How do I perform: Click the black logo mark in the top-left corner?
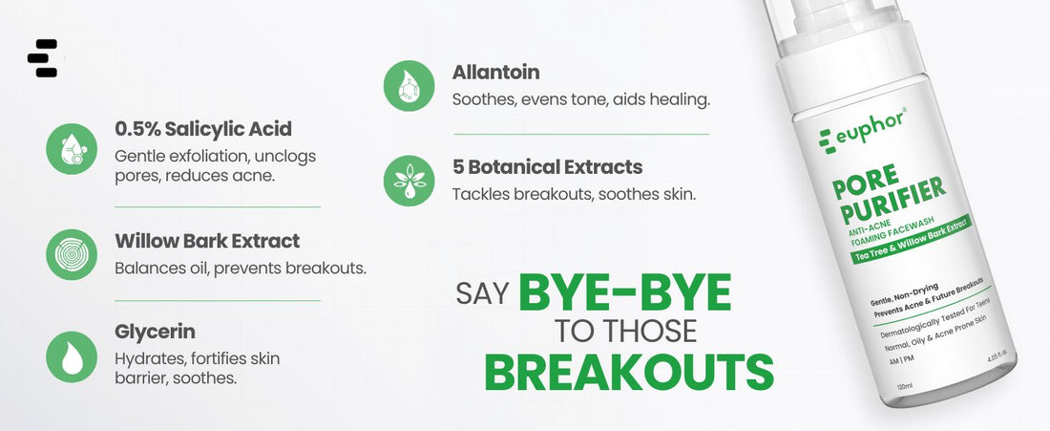42,58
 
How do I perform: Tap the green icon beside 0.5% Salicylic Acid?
72,149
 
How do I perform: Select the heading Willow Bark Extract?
207,241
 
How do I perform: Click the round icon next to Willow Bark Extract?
72,255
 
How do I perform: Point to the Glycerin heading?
155,333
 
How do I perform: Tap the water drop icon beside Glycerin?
72,357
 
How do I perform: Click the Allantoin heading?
495,72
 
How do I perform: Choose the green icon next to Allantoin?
409,86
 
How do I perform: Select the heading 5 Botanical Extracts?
547,167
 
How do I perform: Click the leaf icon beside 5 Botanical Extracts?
409,181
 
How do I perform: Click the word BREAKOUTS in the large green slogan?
629,372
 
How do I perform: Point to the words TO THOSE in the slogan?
625,331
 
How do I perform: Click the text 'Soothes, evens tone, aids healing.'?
580,100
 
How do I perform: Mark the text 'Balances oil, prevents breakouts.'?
241,269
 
